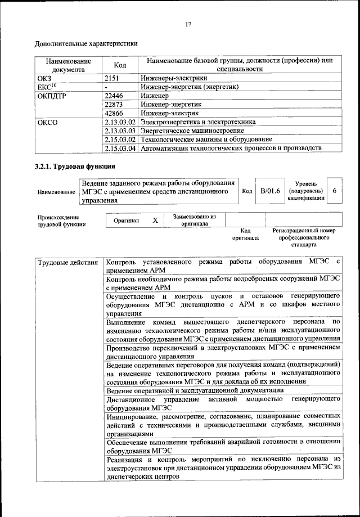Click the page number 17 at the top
[x=188, y=24]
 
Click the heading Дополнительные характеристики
[x=86, y=43]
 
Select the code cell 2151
[x=115, y=78]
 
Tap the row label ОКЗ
[x=44, y=78]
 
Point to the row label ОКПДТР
[x=51, y=96]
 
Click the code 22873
[x=117, y=104]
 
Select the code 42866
[x=117, y=113]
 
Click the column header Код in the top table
[x=120, y=65]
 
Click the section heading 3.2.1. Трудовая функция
[x=75, y=167]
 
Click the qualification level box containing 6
[x=334, y=191]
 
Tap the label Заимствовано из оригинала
[x=195, y=220]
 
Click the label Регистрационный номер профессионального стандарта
[x=304, y=237]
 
